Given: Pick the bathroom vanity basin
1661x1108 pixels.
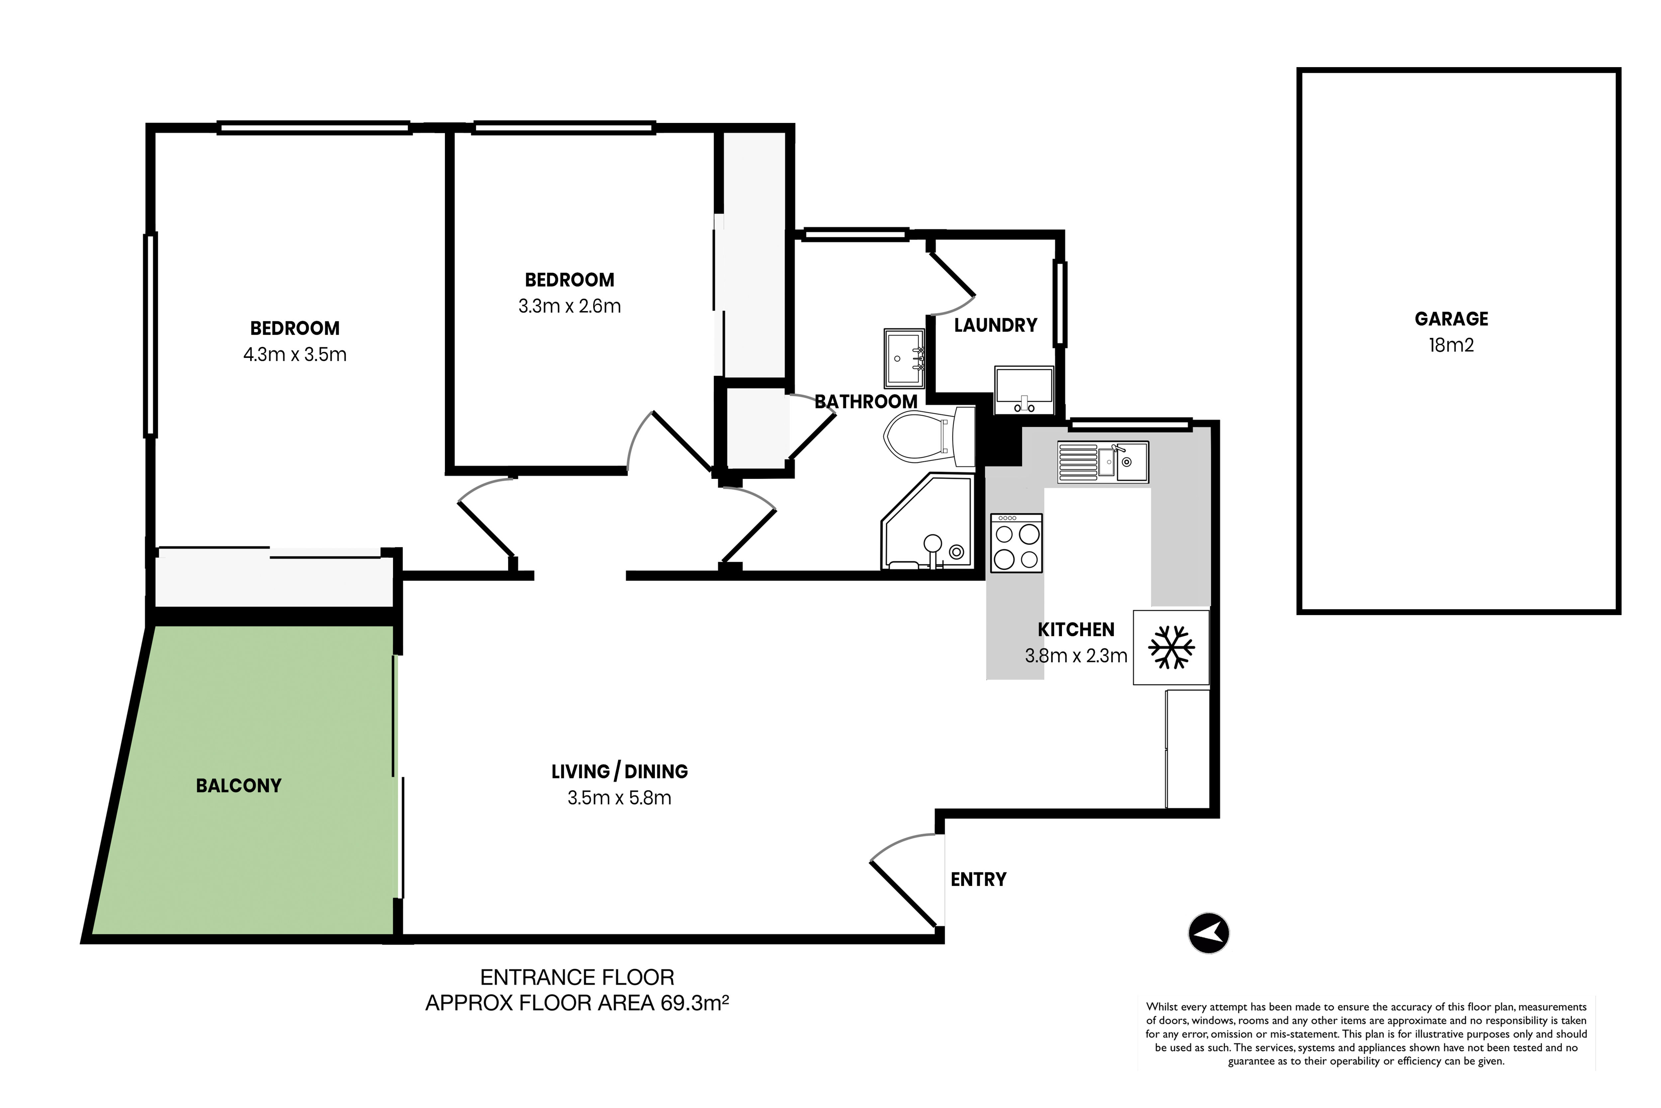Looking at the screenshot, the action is click(x=904, y=358).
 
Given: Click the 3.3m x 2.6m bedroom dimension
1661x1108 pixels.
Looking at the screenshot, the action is click(x=570, y=306).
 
